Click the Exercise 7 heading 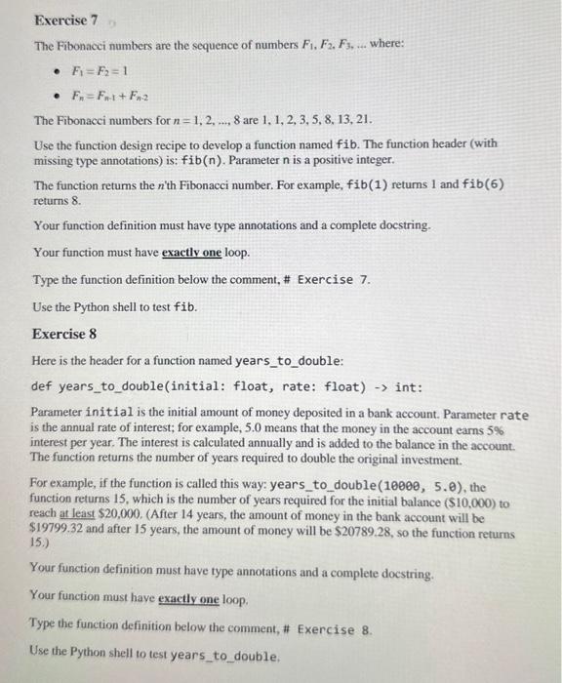point(66,20)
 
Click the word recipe point(203,143)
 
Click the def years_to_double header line point(227,387)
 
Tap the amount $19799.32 point(57,535)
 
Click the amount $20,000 point(118,520)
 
